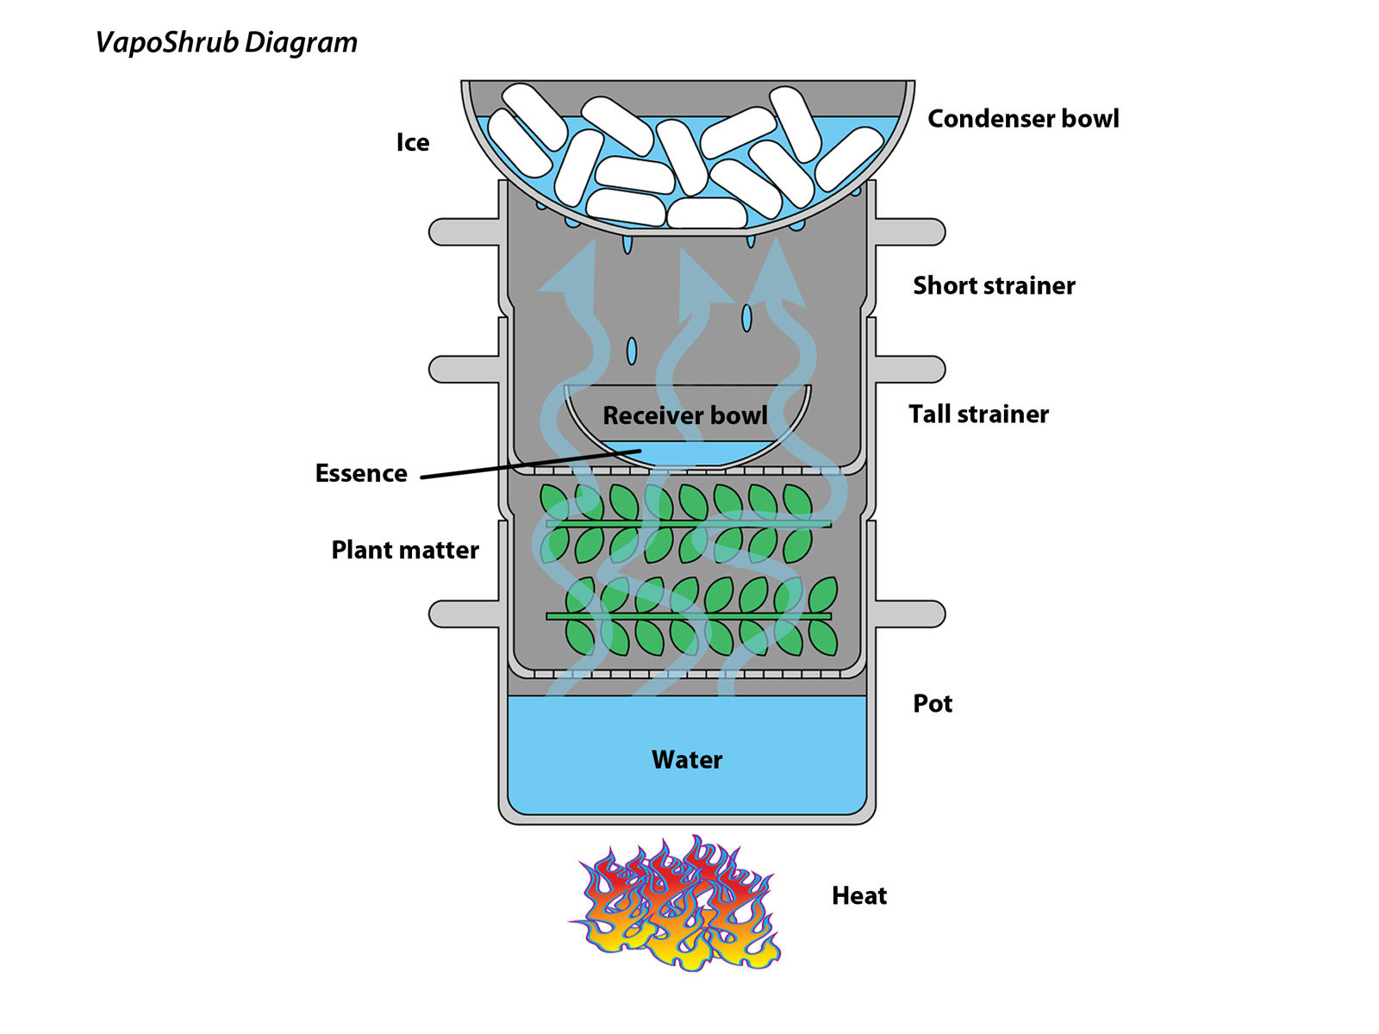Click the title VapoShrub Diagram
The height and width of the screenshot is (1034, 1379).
(226, 43)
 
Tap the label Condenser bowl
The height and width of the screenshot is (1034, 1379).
(1023, 119)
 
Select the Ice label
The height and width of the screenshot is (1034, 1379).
(413, 142)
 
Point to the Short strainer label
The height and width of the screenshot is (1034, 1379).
(994, 286)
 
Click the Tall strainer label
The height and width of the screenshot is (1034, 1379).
(978, 414)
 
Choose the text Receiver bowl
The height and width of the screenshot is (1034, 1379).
(685, 415)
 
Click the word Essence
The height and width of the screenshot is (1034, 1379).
(361, 473)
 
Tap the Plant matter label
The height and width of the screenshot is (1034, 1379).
(405, 550)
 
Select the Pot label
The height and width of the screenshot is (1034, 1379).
(933, 704)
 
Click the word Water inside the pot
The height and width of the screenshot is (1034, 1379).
(687, 760)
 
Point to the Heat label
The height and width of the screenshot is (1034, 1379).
(858, 896)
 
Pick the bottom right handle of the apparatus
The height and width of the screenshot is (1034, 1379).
(909, 614)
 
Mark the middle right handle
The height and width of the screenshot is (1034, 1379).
(909, 369)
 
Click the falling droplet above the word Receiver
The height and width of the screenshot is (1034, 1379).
(632, 352)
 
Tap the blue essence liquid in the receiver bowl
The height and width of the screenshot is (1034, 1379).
(686, 453)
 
